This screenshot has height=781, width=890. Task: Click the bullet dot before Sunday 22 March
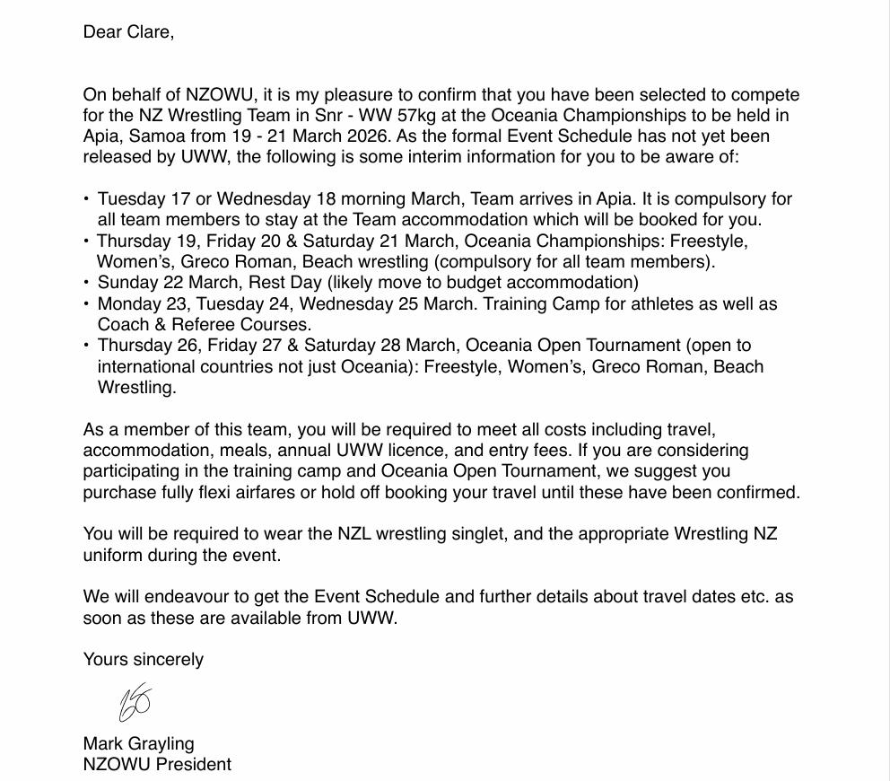(86, 283)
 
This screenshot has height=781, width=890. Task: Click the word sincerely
(169, 660)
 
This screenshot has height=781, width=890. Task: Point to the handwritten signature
(135, 702)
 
